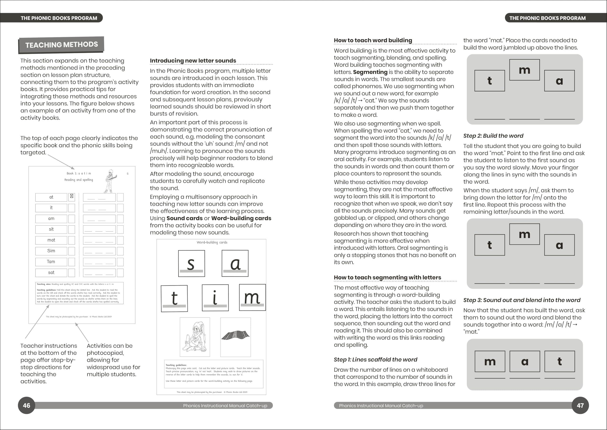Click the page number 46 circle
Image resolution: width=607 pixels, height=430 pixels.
point(26,405)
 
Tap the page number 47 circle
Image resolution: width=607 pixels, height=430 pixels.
point(580,405)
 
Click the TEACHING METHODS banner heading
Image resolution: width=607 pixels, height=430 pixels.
point(61,44)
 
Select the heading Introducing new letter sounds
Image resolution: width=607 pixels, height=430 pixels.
point(193,61)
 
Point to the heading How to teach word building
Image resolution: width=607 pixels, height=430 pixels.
point(373,40)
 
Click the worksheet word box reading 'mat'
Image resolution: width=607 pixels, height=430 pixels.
point(51,240)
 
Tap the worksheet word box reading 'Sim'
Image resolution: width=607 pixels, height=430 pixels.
point(51,251)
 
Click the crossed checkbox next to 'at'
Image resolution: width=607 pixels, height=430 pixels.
point(72,196)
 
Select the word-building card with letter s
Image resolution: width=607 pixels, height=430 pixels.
point(191,264)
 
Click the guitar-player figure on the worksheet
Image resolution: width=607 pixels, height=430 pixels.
point(110,181)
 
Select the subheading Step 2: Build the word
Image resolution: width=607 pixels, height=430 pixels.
point(493,136)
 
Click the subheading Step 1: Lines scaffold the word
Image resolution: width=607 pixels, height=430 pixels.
point(375,359)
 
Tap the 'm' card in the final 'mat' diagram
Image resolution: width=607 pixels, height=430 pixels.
point(490,362)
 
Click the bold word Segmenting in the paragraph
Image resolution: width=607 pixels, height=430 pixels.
point(370,72)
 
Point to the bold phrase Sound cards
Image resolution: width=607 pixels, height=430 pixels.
point(184,218)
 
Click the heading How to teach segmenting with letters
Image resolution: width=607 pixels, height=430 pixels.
point(387,278)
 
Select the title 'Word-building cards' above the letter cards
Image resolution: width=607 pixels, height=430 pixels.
point(212,242)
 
